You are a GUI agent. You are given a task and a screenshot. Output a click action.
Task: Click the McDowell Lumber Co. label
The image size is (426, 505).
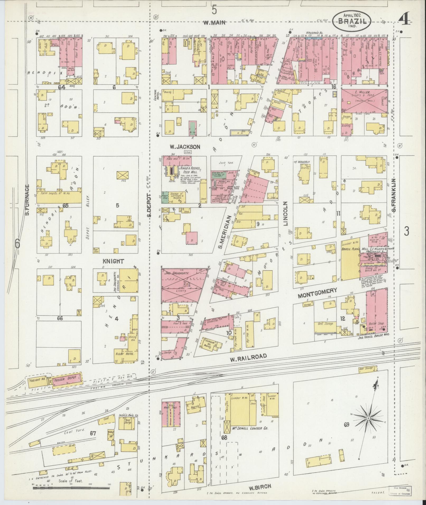(250, 428)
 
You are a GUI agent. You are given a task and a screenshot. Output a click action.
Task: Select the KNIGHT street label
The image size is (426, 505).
(113, 261)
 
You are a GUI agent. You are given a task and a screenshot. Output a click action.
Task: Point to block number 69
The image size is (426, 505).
(347, 425)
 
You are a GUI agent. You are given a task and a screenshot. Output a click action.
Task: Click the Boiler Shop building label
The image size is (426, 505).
(374, 324)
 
